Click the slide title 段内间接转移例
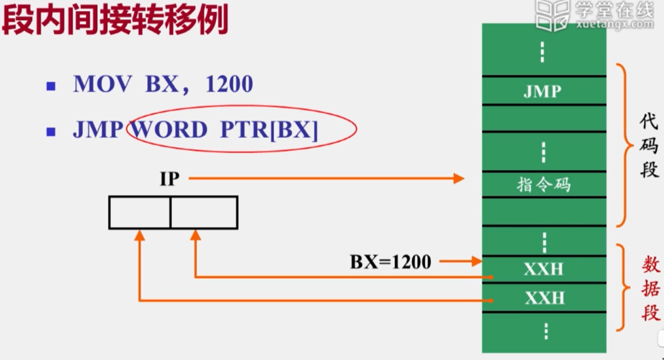click(x=116, y=20)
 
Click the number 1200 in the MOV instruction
click(x=229, y=85)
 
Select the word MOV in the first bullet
click(x=102, y=85)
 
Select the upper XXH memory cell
click(x=544, y=270)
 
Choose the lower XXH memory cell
click(x=544, y=298)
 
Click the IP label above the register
click(x=169, y=179)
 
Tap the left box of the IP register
click(x=139, y=213)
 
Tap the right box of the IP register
click(x=204, y=213)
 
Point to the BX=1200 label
click(x=391, y=262)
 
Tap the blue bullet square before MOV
click(x=51, y=86)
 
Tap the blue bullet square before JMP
click(x=51, y=131)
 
